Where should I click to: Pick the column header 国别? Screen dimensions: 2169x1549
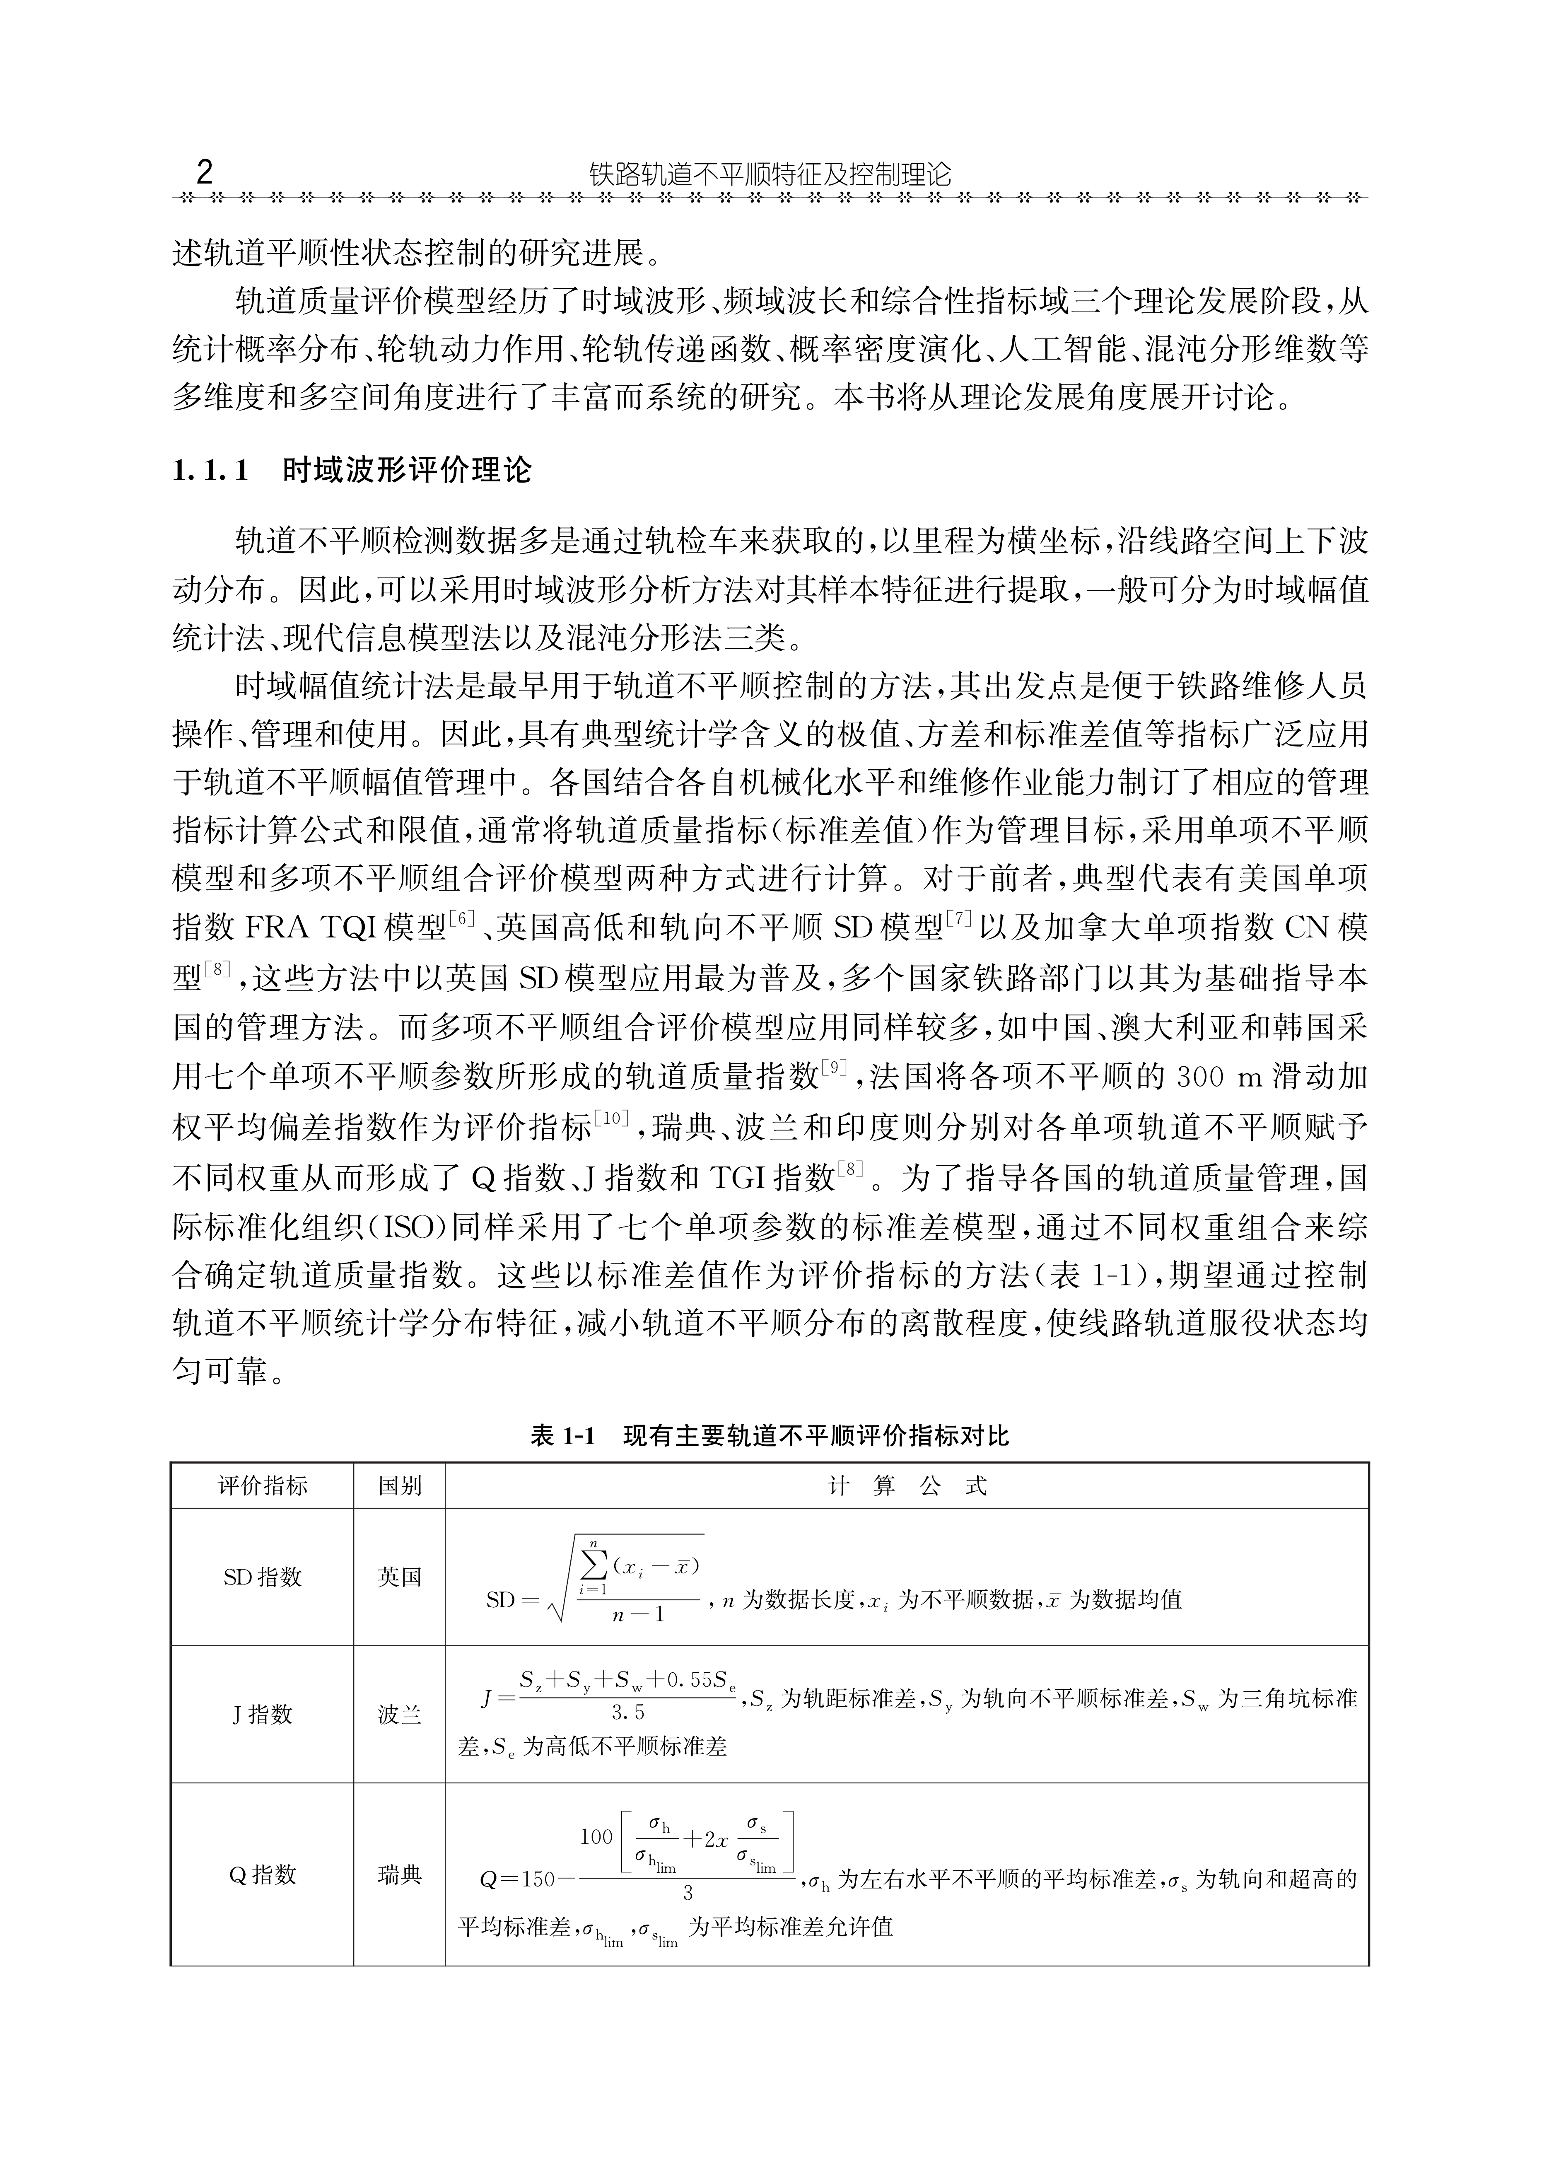pyautogui.click(x=400, y=1485)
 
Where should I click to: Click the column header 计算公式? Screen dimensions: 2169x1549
pyautogui.click(x=907, y=1485)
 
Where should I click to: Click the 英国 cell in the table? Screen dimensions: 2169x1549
pyautogui.click(x=400, y=1577)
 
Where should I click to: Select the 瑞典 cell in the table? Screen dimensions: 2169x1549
pyautogui.click(x=400, y=1874)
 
